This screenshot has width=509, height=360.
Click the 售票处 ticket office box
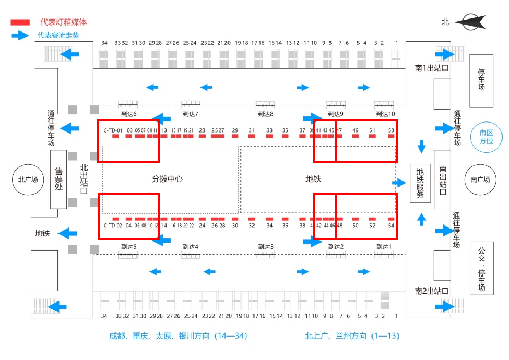point(58,179)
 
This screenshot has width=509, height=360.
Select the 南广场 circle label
point(480,179)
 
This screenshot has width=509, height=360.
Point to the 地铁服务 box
point(420,183)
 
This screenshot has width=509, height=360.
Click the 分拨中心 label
point(167,178)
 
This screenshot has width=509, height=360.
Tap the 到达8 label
point(266,114)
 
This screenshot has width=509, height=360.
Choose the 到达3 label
point(266,247)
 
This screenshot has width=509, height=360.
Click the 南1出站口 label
point(432,68)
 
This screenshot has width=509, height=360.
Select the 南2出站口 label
point(432,291)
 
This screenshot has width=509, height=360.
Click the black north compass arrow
point(469,21)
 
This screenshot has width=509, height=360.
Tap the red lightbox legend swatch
point(20,22)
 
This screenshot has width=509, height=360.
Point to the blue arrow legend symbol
point(20,35)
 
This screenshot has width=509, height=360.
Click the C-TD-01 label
point(112,130)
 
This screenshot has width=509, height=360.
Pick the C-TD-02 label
point(112,225)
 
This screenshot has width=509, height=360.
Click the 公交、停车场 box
point(481,268)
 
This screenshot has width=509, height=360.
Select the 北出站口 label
point(84,179)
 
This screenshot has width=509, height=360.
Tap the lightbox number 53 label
point(391,130)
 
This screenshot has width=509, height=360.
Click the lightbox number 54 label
point(391,225)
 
